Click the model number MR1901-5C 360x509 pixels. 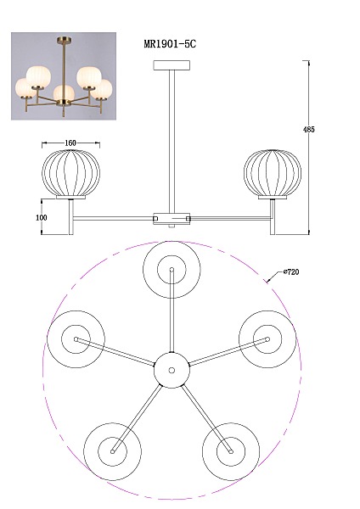(x=170, y=44)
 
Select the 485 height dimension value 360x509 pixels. (x=309, y=129)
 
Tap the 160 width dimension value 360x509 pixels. (x=70, y=143)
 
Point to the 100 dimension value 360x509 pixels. (x=42, y=217)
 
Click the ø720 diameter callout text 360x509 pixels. (x=291, y=272)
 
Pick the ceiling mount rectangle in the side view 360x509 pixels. (x=172, y=65)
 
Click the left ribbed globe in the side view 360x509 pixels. (x=70, y=173)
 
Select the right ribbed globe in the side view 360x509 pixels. (x=273, y=173)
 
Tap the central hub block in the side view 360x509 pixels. (x=172, y=218)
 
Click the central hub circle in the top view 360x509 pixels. (x=172, y=370)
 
